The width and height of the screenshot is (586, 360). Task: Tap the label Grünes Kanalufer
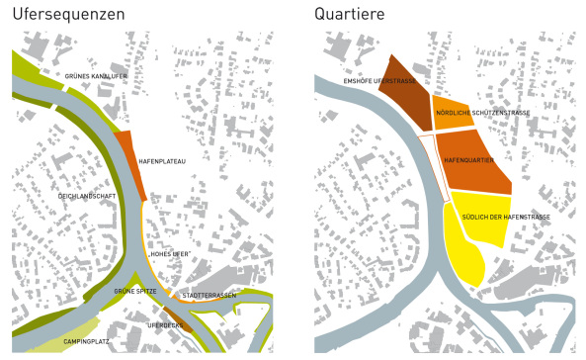pyautogui.click(x=97, y=76)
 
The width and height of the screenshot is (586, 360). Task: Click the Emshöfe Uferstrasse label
pyautogui.click(x=375, y=81)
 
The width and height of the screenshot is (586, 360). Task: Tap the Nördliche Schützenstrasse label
pyautogui.click(x=491, y=113)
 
